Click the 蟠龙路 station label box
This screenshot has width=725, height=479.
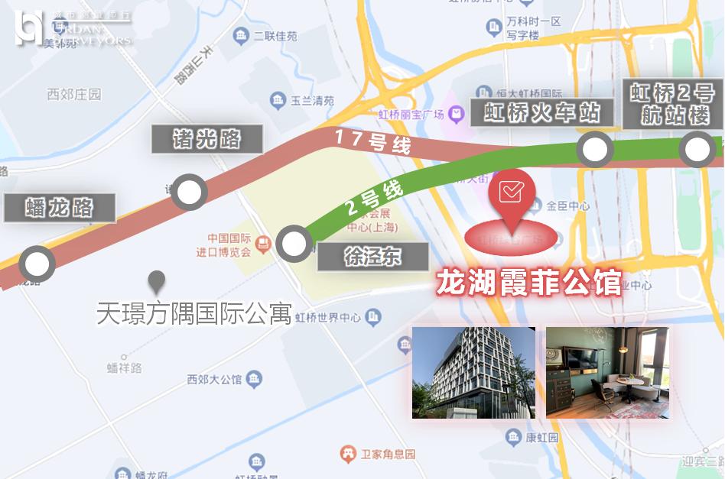[60, 208]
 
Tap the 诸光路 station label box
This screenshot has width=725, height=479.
[207, 139]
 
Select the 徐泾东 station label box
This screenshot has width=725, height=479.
[372, 256]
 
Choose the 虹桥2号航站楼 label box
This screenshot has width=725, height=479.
[672, 104]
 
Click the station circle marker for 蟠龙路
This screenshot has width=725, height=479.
[36, 264]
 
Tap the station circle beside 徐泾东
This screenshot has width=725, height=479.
[292, 244]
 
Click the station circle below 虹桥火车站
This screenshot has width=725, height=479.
[594, 149]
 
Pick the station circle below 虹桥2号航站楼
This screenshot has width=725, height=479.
[697, 149]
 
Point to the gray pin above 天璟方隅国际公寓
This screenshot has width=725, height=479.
[158, 283]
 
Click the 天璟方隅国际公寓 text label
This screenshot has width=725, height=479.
[194, 313]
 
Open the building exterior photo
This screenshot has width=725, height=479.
[473, 372]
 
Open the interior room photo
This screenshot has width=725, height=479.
[607, 372]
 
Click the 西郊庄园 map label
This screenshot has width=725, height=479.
[73, 95]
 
